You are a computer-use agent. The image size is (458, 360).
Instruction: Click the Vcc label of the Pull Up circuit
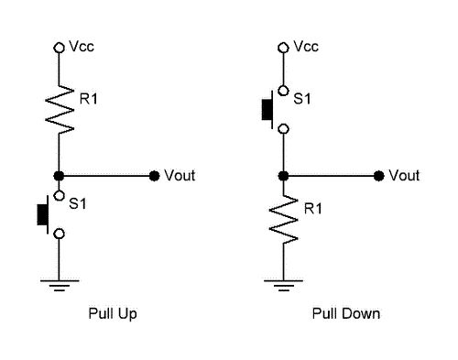click(x=80, y=45)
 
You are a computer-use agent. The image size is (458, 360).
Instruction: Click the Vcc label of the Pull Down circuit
click(x=305, y=45)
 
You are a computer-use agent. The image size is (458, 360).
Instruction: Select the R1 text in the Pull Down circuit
click(x=312, y=210)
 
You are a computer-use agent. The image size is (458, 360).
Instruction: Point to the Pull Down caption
click(x=345, y=314)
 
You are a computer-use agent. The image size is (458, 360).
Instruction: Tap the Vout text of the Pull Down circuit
click(x=404, y=175)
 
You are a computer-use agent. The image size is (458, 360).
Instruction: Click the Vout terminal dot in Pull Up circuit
click(x=153, y=175)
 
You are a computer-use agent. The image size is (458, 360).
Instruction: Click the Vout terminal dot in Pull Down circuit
click(x=378, y=175)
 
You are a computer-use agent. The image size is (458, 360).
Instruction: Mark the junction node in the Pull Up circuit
click(x=60, y=175)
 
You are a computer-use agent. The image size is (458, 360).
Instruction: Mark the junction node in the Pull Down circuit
click(x=285, y=175)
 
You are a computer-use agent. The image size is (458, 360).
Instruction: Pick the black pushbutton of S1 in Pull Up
click(x=42, y=213)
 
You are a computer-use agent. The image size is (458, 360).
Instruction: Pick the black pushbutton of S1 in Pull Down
click(x=267, y=109)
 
